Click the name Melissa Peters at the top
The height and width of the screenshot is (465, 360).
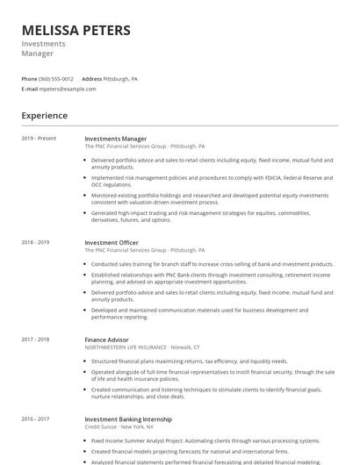tap(76, 31)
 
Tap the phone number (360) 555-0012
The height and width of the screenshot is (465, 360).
tap(56, 79)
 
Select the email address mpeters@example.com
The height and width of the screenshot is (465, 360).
tap(68, 89)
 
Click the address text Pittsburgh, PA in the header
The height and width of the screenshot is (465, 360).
tap(120, 79)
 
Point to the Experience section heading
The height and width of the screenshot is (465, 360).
tap(44, 115)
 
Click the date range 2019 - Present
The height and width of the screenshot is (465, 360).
tap(39, 139)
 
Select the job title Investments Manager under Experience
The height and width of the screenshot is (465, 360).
tap(115, 139)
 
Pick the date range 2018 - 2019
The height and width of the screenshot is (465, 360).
tap(35, 242)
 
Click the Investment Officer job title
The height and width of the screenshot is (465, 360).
tap(112, 242)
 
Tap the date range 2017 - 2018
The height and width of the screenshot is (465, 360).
tap(35, 340)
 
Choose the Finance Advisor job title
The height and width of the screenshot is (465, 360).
tap(106, 340)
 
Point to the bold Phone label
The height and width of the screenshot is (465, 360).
tap(29, 79)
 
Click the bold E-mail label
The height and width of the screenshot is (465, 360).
tap(30, 89)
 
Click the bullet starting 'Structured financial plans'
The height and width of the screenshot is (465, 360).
tap(189, 361)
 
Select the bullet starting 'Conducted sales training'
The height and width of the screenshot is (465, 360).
tap(212, 263)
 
